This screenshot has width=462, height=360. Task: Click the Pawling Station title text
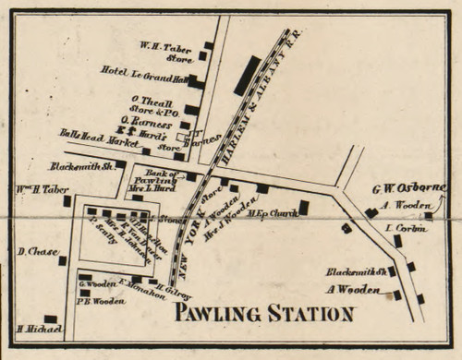click(265, 313)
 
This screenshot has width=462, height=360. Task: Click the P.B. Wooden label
click(98, 297)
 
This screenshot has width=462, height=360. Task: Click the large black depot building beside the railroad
click(247, 76)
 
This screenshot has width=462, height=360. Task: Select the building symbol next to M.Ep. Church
click(303, 208)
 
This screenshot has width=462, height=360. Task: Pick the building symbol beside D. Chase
click(63, 260)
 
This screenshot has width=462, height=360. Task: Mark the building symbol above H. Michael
click(51, 319)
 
